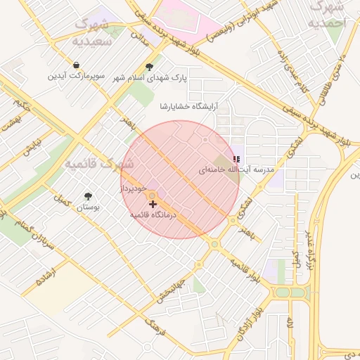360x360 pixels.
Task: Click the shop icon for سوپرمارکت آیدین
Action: (x=75, y=65)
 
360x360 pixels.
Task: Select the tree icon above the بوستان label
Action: (x=88, y=197)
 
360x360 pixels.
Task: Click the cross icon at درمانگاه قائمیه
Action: (x=153, y=204)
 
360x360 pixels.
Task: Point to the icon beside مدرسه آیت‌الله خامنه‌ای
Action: (x=236, y=160)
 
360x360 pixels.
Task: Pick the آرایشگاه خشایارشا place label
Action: (x=190, y=106)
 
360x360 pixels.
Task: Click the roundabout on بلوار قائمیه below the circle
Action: (x=214, y=244)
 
